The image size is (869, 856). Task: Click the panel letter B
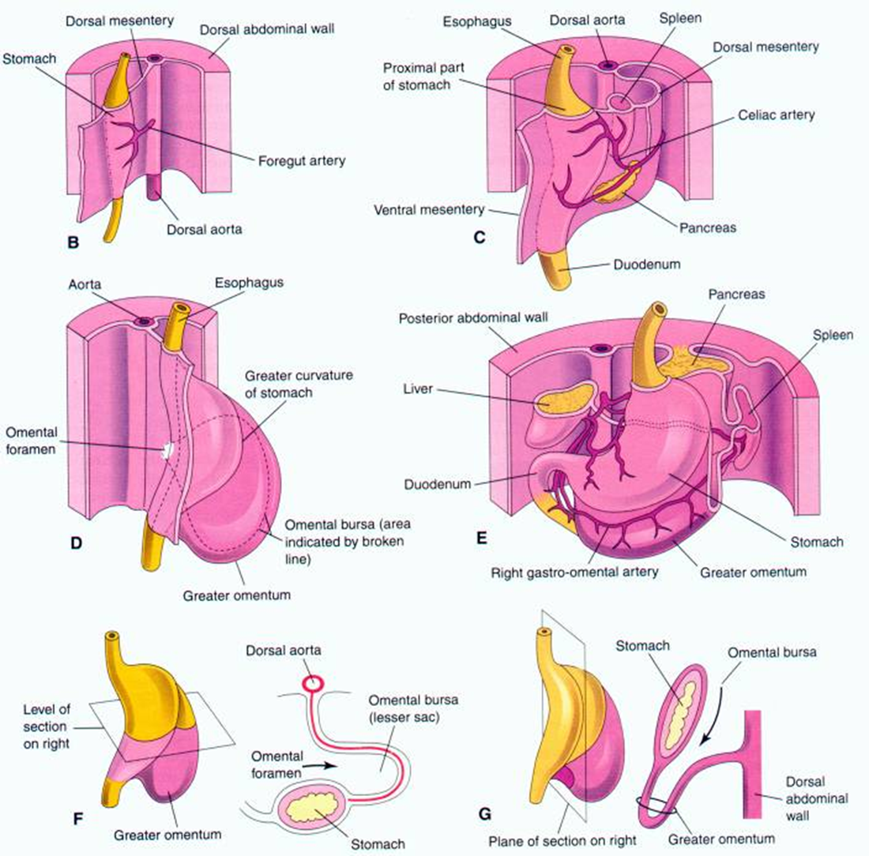pos(73,242)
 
